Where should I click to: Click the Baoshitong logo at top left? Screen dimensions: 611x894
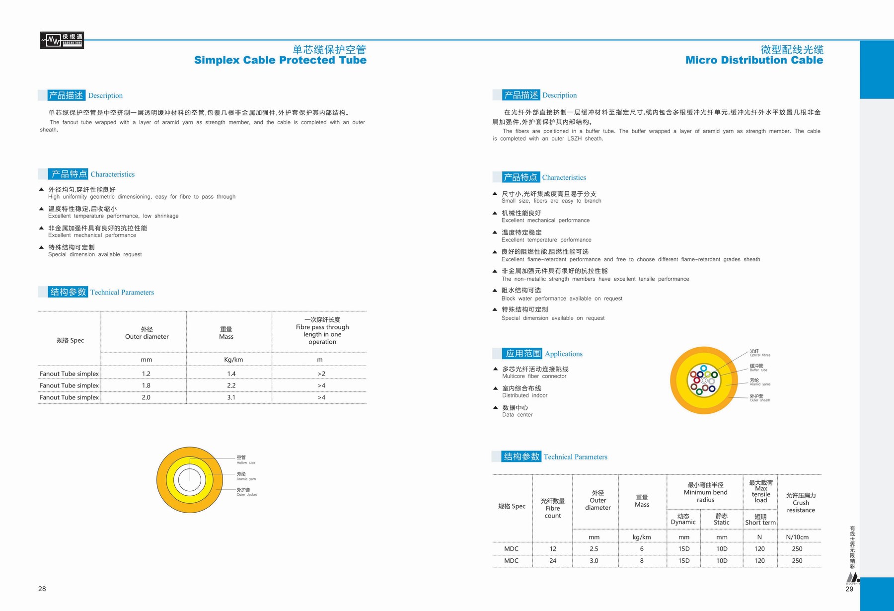click(62, 40)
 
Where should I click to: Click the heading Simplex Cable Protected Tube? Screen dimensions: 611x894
click(280, 60)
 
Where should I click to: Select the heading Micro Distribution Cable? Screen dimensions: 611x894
click(754, 60)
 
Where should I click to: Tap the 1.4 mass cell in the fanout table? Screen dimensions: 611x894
click(231, 374)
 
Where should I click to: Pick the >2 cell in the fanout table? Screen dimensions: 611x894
click(321, 374)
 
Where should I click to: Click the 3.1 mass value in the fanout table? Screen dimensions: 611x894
click(231, 397)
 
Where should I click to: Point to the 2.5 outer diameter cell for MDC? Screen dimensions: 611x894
click(594, 549)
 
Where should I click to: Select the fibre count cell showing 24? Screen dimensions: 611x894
click(553, 561)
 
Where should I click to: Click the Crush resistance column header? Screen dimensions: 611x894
click(801, 503)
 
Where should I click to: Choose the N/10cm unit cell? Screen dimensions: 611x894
click(797, 537)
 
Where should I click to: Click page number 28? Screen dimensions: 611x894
click(42, 589)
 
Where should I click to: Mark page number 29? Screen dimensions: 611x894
click(849, 589)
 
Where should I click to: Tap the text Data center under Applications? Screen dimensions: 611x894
click(517, 415)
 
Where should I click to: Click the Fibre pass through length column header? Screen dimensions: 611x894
click(322, 331)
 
